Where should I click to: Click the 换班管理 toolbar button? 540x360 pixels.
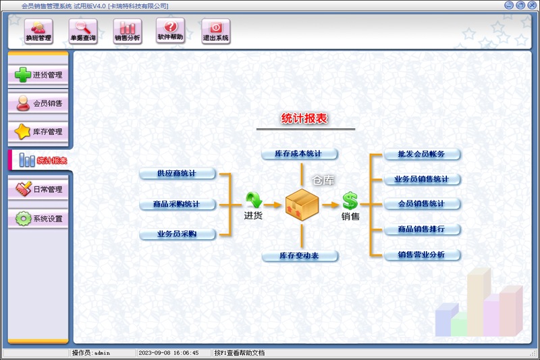click(x=38, y=31)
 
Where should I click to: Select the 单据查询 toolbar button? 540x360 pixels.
click(x=83, y=31)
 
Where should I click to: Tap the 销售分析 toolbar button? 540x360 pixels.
click(x=127, y=31)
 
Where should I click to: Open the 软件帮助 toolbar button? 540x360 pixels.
click(x=170, y=31)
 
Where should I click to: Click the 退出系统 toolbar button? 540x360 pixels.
click(x=216, y=31)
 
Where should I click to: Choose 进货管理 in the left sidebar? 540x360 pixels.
click(x=38, y=75)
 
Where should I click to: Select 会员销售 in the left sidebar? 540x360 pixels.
click(x=38, y=103)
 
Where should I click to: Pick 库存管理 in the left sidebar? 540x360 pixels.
click(x=38, y=132)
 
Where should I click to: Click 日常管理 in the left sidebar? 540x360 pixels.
click(x=38, y=189)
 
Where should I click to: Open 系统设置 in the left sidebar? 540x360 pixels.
click(x=38, y=218)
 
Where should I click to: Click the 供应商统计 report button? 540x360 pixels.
click(x=177, y=174)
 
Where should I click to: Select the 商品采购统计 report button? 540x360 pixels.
click(x=177, y=204)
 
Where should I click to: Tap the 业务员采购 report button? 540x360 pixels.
click(x=177, y=234)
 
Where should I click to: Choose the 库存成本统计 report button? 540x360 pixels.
click(x=299, y=155)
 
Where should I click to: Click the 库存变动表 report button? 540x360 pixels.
click(x=299, y=256)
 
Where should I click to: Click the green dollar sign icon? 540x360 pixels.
click(x=350, y=200)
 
